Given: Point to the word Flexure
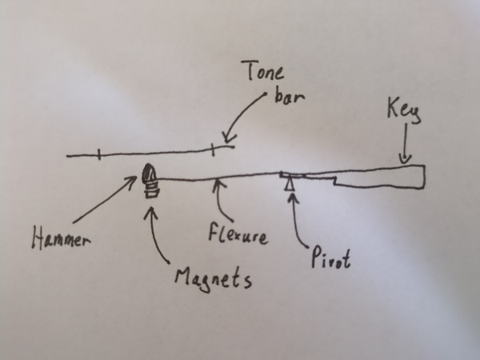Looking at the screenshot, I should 238,235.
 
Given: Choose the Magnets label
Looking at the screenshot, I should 214,280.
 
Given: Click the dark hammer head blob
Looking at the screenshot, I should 150,172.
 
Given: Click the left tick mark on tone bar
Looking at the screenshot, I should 98,154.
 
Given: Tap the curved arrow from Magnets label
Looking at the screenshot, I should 157,232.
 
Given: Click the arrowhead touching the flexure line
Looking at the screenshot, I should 218,186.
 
